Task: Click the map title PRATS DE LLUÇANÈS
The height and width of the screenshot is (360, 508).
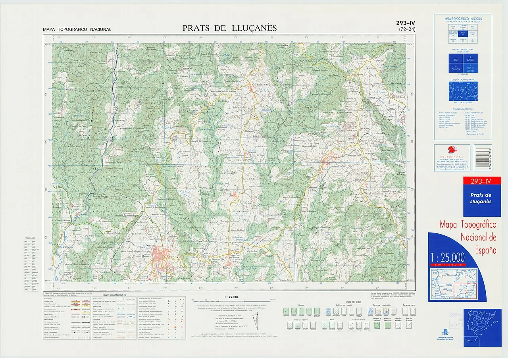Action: (229, 28)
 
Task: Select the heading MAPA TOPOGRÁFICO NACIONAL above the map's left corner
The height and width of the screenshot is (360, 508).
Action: (77, 29)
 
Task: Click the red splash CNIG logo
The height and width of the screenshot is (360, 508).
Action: (452, 150)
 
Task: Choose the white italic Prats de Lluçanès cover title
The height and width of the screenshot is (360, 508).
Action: (481, 198)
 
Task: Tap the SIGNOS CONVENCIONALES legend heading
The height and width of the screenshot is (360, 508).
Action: (114, 296)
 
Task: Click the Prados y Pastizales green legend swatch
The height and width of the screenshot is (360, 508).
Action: (388, 325)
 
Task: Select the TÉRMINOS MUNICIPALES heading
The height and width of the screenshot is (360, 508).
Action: (463, 109)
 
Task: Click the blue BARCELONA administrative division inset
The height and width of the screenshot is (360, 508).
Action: (463, 91)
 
